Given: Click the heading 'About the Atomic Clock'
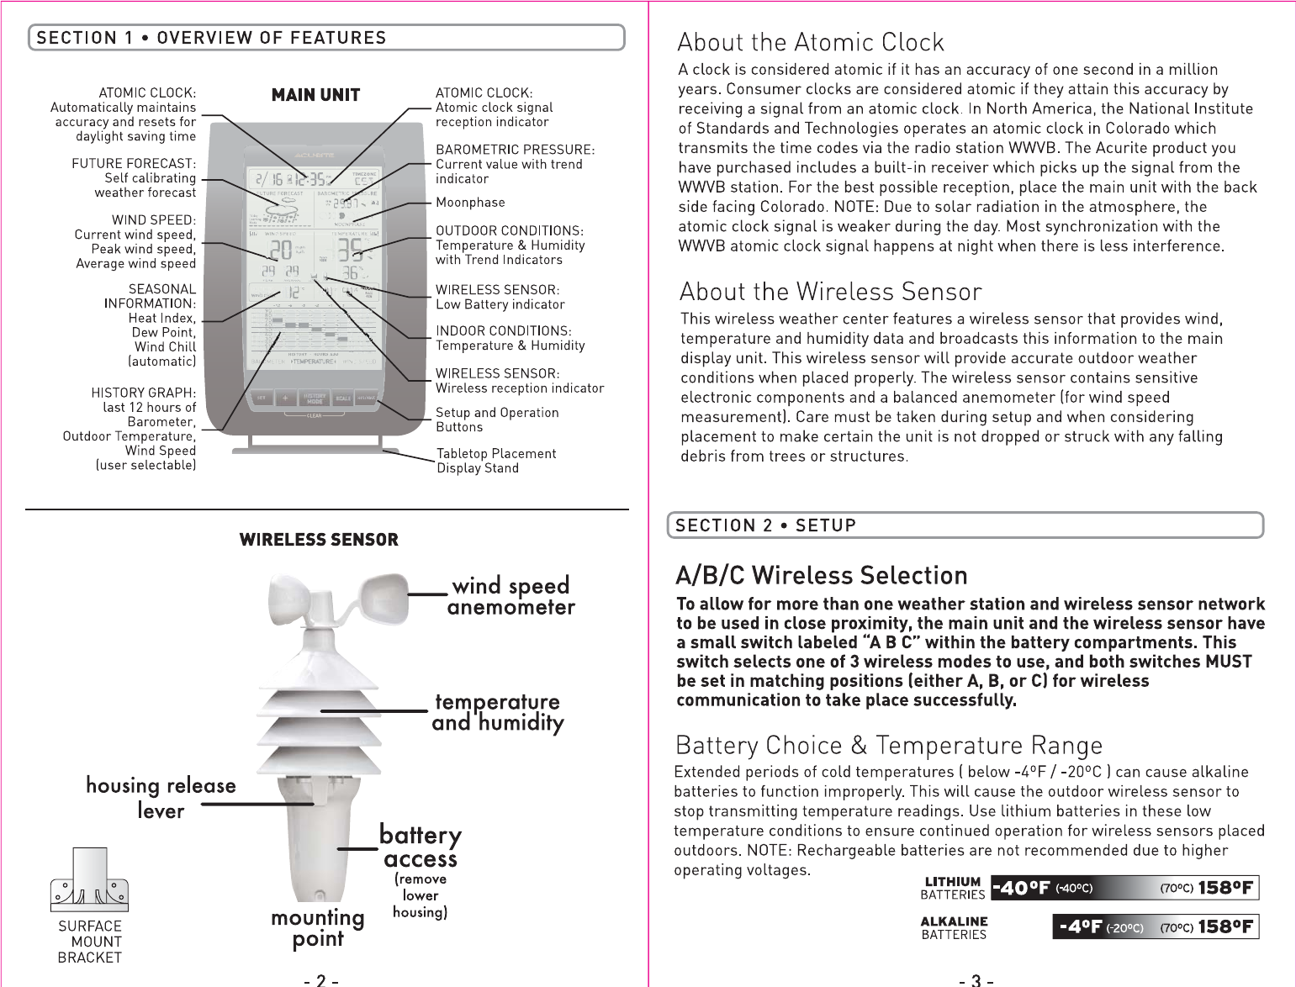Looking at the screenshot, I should [x=811, y=42].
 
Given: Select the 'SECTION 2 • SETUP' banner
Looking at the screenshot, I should [x=765, y=525].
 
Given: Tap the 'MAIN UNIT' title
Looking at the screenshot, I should [x=315, y=95].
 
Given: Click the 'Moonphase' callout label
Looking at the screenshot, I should [x=470, y=203].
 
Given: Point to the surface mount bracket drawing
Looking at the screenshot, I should [x=89, y=880].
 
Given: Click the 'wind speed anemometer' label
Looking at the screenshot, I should [x=511, y=596].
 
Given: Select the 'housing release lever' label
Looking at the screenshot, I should [x=161, y=797].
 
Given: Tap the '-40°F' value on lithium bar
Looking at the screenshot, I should [x=1021, y=888].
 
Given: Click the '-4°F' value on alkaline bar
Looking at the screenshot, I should [x=1081, y=926].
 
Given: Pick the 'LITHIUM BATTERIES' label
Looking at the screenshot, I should [x=952, y=888].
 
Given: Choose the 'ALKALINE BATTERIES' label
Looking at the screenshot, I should [x=954, y=927].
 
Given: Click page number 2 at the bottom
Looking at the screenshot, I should [x=320, y=979].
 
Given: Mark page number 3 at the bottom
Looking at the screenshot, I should [x=976, y=979].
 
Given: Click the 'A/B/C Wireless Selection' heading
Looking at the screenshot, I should [x=822, y=576].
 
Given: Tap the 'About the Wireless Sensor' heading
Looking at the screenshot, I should [x=830, y=292].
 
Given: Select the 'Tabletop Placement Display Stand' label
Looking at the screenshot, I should [x=496, y=461].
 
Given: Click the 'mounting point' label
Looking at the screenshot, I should [x=317, y=928].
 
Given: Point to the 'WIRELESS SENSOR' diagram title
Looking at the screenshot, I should [x=319, y=540].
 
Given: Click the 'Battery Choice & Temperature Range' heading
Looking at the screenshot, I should [x=888, y=746].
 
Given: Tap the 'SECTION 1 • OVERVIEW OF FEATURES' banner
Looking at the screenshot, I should [x=212, y=38].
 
